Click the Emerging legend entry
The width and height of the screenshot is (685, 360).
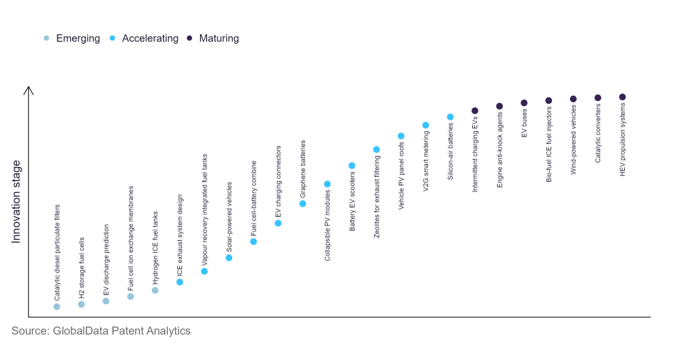pyautogui.click(x=72, y=39)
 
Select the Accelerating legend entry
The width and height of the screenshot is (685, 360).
pyautogui.click(x=144, y=39)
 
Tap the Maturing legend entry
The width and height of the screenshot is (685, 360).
pyautogui.click(x=212, y=39)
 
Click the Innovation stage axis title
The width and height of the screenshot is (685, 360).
pyautogui.click(x=17, y=201)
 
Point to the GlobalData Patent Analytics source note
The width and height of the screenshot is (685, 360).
pyautogui.click(x=101, y=331)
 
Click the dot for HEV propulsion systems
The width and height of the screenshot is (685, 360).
pyautogui.click(x=622, y=97)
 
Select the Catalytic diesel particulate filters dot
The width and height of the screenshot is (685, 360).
pyautogui.click(x=57, y=306)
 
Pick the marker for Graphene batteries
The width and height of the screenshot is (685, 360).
pyautogui.click(x=302, y=203)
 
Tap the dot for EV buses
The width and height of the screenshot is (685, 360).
pyautogui.click(x=524, y=103)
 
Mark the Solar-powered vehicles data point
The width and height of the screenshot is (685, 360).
pyautogui.click(x=229, y=258)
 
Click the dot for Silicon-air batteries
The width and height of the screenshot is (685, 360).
pyautogui.click(x=450, y=117)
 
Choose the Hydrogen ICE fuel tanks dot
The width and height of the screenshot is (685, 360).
pyautogui.click(x=155, y=290)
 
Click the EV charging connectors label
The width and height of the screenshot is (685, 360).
pyautogui.click(x=278, y=181)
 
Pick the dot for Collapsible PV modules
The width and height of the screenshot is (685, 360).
pyautogui.click(x=327, y=184)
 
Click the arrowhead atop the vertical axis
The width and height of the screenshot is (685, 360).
pyautogui.click(x=28, y=89)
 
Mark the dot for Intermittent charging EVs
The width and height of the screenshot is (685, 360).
pyautogui.click(x=474, y=110)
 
